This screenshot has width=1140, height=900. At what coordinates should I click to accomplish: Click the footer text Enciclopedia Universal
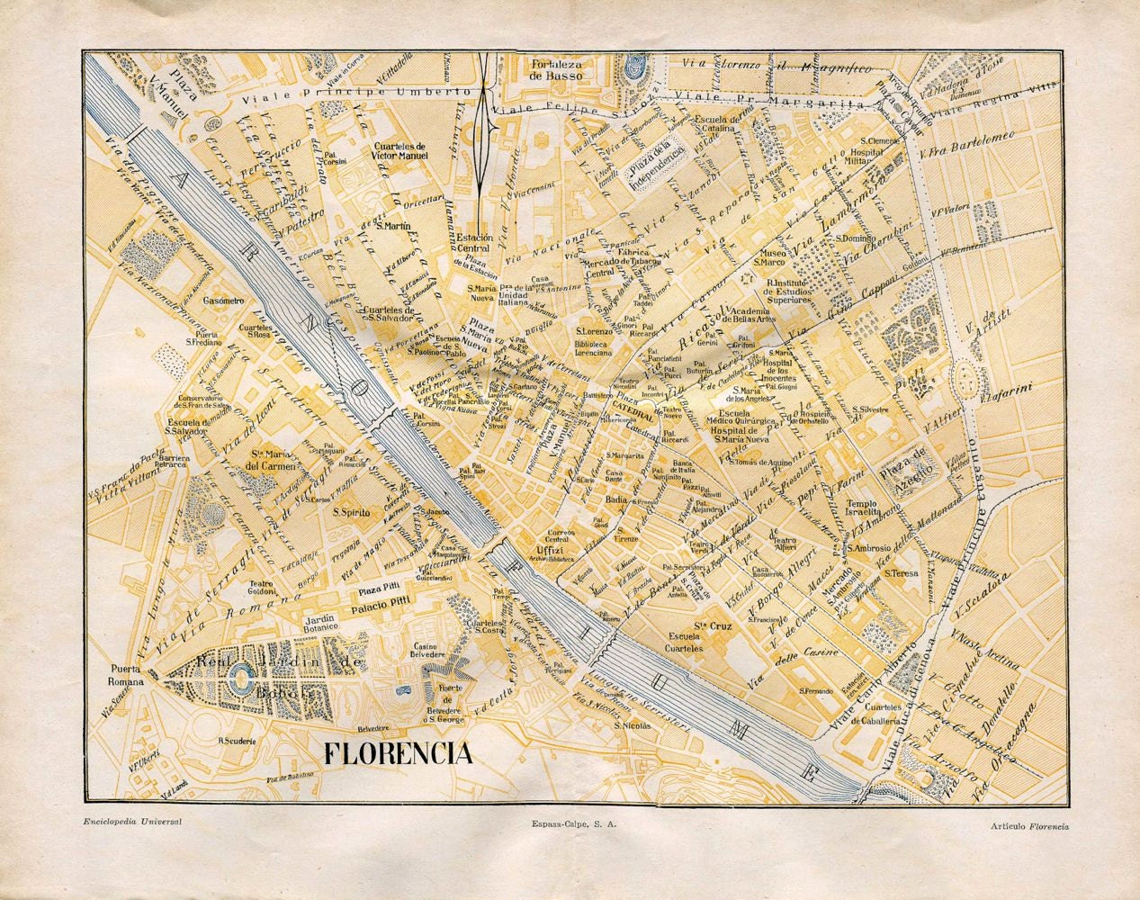[131, 823]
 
